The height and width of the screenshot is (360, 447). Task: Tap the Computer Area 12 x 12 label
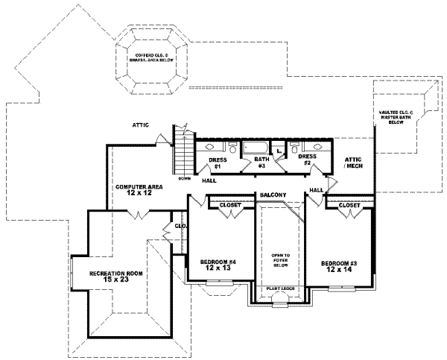135,189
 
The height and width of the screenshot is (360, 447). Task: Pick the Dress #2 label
307,160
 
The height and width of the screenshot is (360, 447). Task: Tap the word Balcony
273,195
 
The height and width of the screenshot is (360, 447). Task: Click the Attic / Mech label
352,164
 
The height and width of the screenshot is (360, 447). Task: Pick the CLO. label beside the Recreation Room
180,224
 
